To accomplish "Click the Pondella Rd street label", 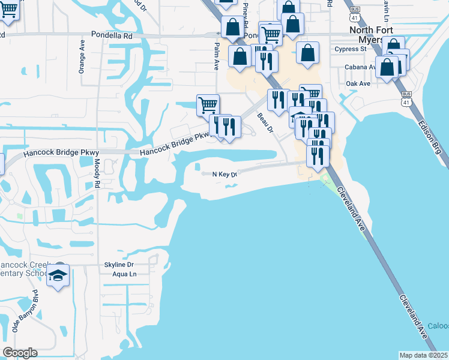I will (112, 36).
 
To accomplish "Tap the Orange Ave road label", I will (82, 57).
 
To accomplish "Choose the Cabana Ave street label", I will (360, 67).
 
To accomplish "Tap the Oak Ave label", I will (358, 83).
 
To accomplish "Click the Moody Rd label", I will (97, 173).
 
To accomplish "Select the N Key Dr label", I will (226, 174).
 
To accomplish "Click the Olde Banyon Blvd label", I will (25, 314).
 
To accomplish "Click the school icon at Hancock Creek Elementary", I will (58, 275).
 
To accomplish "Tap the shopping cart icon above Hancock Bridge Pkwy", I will (208, 105).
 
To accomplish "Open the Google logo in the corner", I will (20, 353).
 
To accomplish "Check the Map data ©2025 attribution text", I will (424, 355).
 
